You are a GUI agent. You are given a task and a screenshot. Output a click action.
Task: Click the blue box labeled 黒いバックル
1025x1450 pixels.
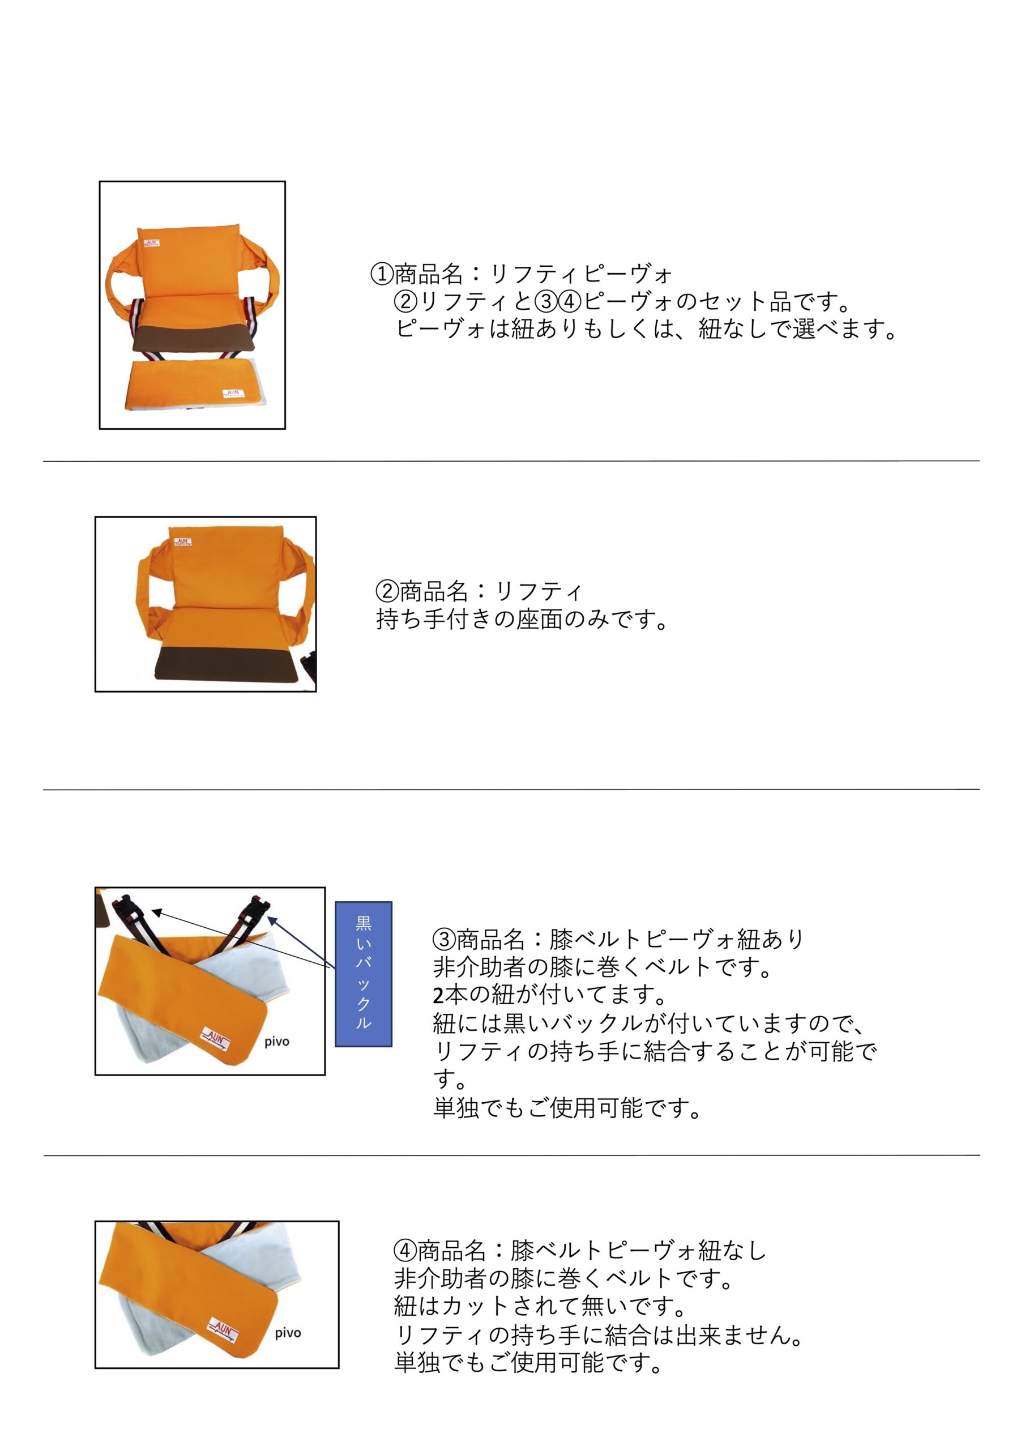pyautogui.click(x=363, y=974)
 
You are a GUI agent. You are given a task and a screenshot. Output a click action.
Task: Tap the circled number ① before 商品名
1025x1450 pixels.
pyautogui.click(x=382, y=274)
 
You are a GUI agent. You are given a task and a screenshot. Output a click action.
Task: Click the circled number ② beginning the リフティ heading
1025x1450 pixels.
pyautogui.click(x=387, y=591)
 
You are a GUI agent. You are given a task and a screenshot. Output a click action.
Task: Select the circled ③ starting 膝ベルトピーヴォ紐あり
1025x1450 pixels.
pyautogui.click(x=444, y=939)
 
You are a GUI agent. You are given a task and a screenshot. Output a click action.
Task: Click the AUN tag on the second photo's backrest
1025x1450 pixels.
pyautogui.click(x=182, y=542)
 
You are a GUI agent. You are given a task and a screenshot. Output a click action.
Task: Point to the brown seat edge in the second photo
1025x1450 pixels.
pyautogui.click(x=224, y=663)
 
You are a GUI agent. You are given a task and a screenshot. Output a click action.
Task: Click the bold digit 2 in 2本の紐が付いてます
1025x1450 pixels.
pyautogui.click(x=438, y=996)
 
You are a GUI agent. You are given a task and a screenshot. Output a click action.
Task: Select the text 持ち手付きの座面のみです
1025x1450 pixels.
pyautogui.click(x=522, y=620)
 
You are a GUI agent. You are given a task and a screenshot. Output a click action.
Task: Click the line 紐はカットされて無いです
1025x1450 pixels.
pyautogui.click(x=540, y=1306)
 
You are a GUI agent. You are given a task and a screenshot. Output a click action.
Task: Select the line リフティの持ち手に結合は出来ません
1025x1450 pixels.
pyautogui.click(x=598, y=1334)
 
